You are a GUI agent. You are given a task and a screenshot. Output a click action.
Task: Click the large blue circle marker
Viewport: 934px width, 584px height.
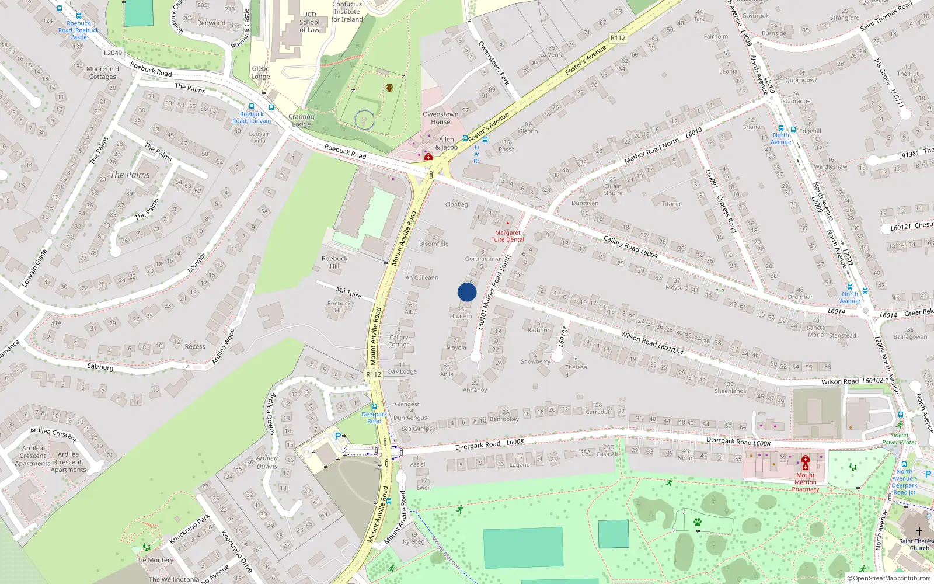467,292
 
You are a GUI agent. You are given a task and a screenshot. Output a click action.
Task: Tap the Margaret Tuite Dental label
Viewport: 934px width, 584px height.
507,236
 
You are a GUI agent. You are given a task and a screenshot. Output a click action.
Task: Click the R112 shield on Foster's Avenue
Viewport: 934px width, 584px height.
618,38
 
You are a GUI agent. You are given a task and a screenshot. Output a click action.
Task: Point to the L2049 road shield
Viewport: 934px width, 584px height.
113,53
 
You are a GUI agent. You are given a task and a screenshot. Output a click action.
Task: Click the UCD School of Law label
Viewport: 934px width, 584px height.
309,22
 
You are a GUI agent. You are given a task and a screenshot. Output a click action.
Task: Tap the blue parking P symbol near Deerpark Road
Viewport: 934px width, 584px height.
337,436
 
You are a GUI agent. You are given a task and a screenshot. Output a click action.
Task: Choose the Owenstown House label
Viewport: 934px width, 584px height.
440,118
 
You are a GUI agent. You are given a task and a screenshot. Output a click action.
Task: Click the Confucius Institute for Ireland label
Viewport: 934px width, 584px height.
347,12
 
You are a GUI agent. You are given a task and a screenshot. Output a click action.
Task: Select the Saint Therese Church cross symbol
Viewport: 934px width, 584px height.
919,531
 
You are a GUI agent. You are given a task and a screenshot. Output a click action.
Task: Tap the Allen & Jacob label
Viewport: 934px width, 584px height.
447,143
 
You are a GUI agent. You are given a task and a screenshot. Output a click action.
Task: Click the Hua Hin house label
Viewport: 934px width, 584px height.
461,316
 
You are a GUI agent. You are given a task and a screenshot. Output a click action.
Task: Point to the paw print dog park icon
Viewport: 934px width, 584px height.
697,522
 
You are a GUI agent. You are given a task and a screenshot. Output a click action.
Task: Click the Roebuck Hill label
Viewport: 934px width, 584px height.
334,262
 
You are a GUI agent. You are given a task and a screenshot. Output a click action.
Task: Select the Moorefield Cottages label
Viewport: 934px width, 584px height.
103,72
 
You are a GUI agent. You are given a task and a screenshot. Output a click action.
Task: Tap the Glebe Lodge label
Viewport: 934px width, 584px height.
260,72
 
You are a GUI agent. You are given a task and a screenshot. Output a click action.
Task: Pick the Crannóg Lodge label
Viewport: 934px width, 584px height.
301,120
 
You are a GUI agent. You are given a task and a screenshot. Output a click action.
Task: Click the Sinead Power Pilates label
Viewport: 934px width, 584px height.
899,439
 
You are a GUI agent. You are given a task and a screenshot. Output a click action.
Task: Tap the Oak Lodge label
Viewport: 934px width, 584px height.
402,371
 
